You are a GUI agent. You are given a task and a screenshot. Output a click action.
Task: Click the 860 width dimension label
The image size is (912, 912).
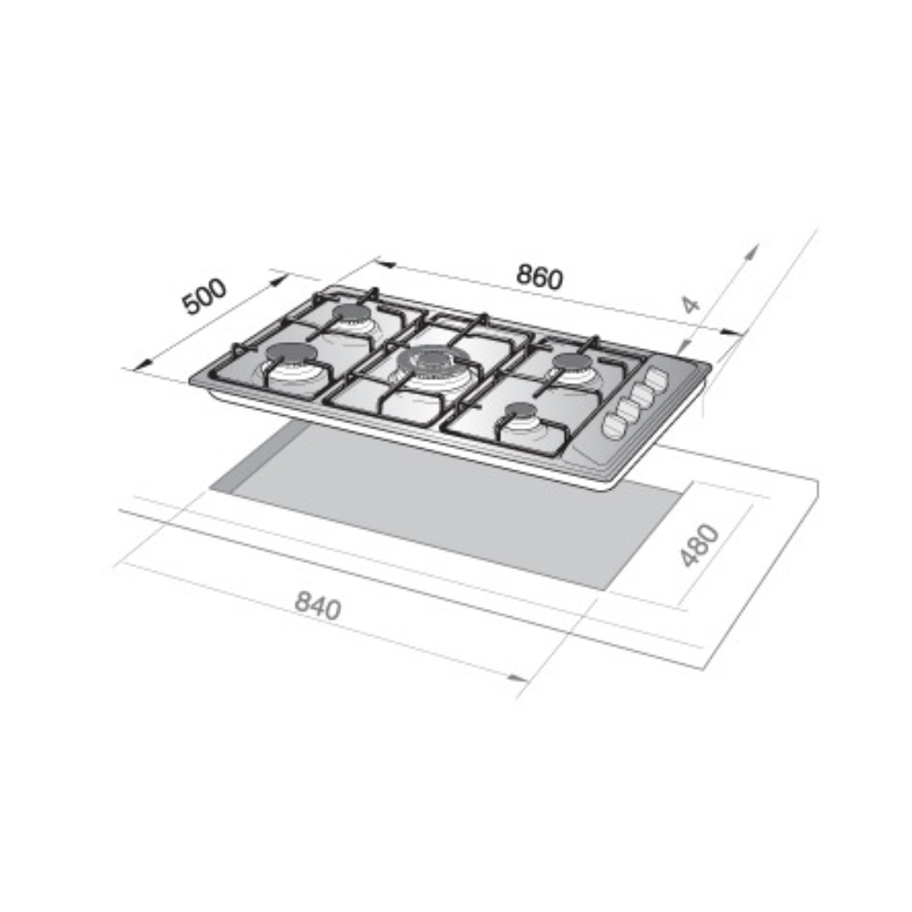point(540,277)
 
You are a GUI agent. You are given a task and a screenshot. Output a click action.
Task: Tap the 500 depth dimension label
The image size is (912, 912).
point(204,297)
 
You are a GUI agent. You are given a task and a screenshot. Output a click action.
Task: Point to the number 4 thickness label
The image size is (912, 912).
point(690,305)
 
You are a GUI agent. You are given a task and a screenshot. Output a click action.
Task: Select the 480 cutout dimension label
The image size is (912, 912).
point(700,545)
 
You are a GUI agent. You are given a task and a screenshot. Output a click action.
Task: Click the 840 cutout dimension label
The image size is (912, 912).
point(318,605)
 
